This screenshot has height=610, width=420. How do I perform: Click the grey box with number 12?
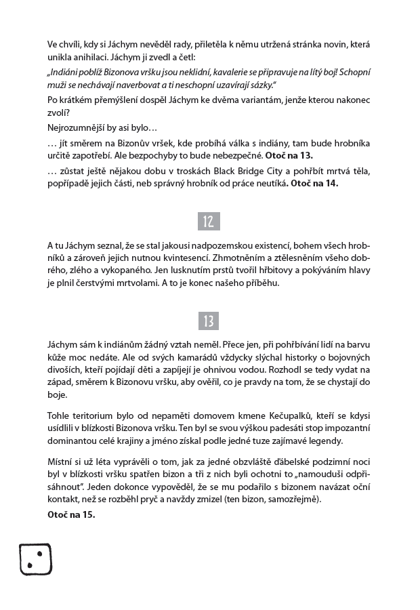coord(209,221)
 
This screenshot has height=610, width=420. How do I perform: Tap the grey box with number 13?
coord(209,321)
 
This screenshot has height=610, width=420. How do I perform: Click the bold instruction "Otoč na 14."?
coord(314,183)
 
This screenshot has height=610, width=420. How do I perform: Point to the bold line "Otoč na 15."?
coord(71,514)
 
